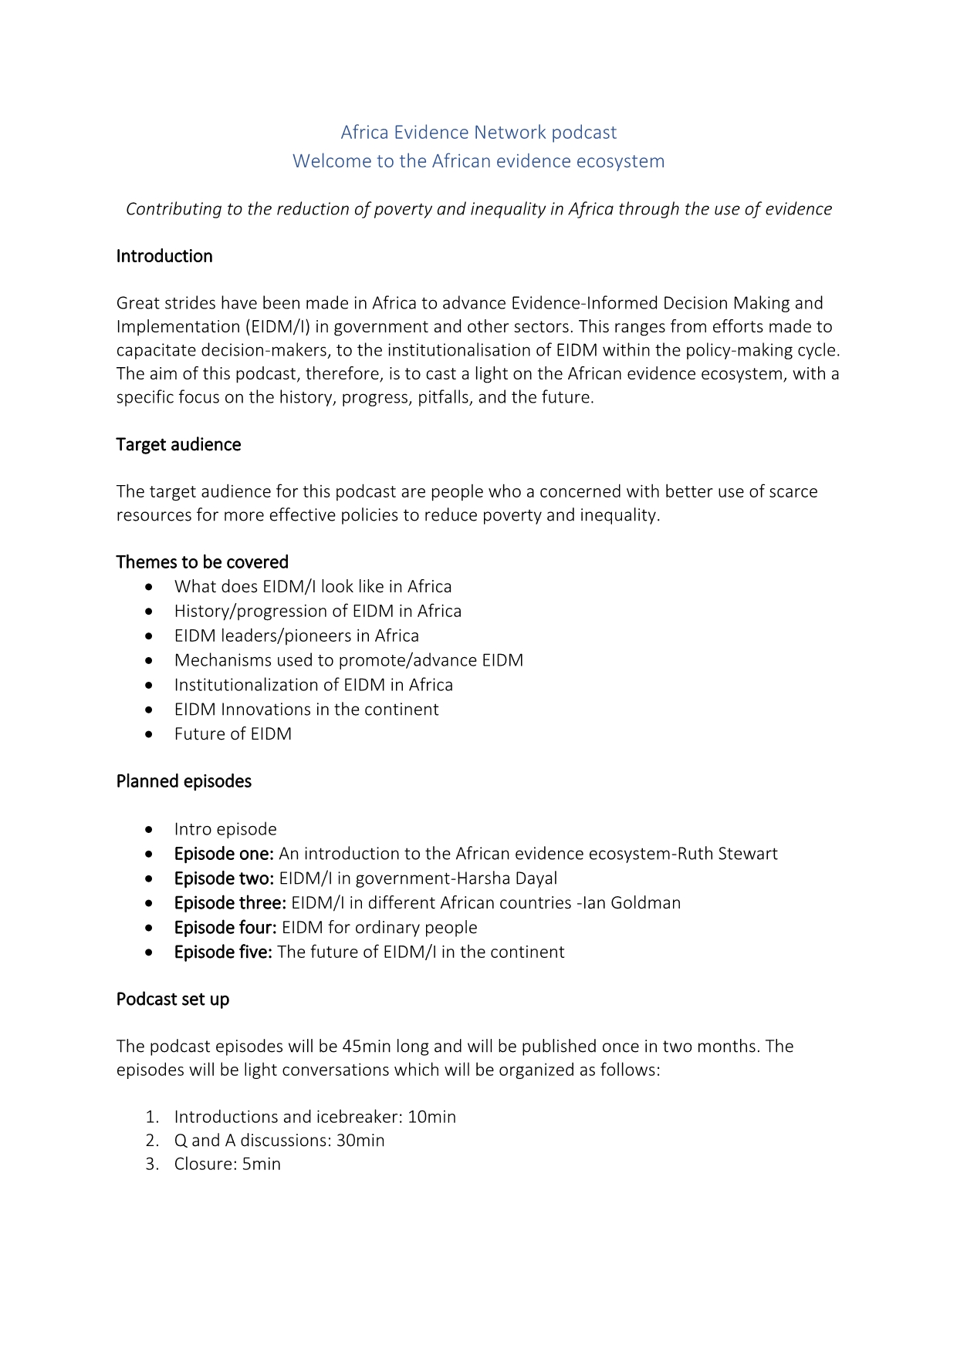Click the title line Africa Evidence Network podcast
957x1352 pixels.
[478, 133]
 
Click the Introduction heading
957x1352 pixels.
[164, 256]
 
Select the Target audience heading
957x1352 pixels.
[178, 444]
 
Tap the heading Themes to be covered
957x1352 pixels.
[202, 561]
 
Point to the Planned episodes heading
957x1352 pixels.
[184, 781]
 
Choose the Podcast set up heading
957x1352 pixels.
[173, 999]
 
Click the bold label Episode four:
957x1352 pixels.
[225, 927]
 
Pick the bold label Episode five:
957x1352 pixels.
[223, 952]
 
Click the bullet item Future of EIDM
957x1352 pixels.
[233, 733]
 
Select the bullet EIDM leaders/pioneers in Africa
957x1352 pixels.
[296, 636]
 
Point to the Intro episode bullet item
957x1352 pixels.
[225, 829]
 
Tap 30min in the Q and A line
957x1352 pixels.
[360, 1140]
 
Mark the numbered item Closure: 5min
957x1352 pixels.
[228, 1164]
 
